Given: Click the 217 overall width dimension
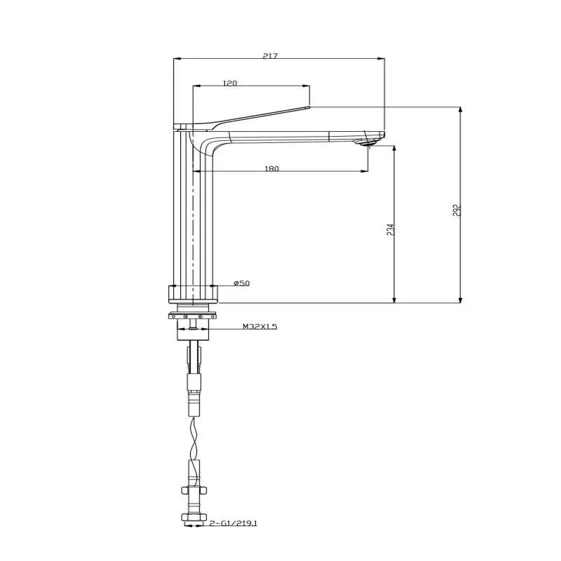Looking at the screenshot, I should tap(269, 56).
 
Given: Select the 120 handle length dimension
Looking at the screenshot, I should tap(230, 83).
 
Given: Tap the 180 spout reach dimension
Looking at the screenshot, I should tap(273, 168).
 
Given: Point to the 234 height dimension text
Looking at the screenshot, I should tap(390, 229).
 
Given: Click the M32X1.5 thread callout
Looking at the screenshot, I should tap(259, 327).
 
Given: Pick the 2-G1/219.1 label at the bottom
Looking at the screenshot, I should tap(236, 522).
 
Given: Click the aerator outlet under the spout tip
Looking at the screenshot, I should tap(368, 144).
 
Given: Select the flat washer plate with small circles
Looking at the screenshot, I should tap(194, 316).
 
